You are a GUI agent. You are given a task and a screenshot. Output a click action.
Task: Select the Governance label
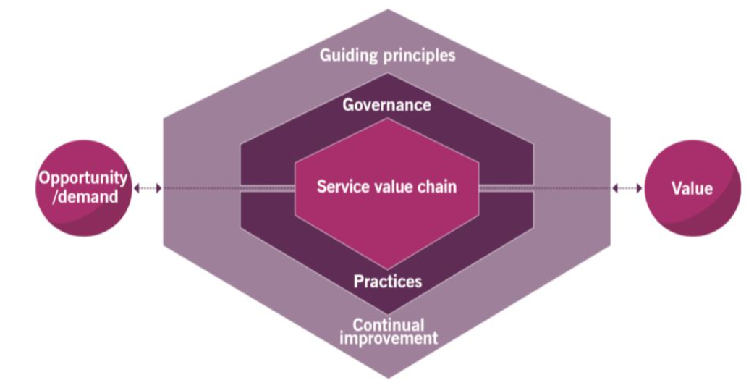coord(386,105)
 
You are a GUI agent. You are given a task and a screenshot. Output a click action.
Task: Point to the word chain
coord(435,186)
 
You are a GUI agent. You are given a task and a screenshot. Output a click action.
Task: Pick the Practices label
coord(387,280)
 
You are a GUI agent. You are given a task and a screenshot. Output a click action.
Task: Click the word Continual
coord(388,324)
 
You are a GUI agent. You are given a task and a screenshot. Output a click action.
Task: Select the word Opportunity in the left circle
coord(83,178)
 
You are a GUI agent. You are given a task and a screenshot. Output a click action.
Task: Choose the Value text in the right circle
coord(692,189)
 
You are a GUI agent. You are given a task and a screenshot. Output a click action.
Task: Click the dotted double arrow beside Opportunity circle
coord(148,188)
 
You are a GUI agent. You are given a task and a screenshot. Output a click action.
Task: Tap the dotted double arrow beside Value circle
coord(627,188)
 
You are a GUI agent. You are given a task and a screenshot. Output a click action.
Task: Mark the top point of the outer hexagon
coord(387,10)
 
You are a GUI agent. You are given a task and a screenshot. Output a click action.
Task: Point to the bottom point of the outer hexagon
coord(387,376)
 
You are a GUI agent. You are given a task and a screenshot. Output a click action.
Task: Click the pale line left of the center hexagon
coord(268,188)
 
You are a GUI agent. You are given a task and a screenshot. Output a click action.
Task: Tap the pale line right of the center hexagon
coord(507,188)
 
